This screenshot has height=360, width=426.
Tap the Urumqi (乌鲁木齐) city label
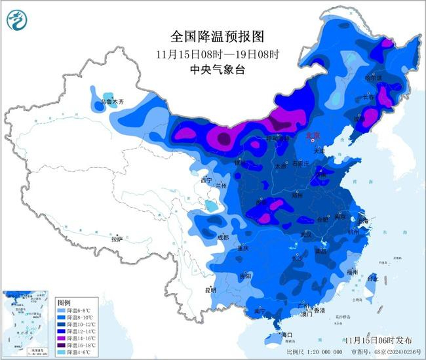[x=111, y=103]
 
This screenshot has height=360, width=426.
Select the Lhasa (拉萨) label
[x=117, y=239]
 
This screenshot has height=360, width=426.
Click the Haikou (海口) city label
[x=286, y=335]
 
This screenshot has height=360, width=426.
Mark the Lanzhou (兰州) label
[x=218, y=186]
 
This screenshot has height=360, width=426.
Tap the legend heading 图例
[x=64, y=303]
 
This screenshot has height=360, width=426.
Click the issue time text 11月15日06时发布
[x=379, y=341]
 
